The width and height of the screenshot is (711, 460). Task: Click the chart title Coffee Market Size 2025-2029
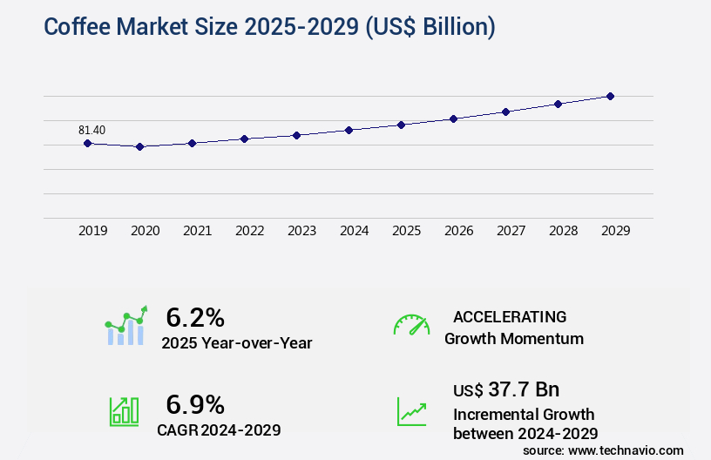click(x=269, y=27)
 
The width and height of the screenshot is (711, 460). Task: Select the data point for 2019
click(x=87, y=143)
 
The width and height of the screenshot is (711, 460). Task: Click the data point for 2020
click(x=139, y=146)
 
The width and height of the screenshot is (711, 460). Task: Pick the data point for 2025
click(x=401, y=125)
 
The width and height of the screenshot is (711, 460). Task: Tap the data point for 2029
click(x=610, y=96)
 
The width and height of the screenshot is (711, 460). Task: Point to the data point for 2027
click(x=505, y=112)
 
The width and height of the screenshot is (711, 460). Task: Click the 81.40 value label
click(x=91, y=131)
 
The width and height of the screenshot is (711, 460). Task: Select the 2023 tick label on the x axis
click(x=301, y=231)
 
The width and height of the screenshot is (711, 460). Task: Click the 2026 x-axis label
click(x=458, y=231)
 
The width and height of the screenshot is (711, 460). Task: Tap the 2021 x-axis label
click(x=197, y=231)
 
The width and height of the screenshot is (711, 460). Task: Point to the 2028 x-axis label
click(x=563, y=231)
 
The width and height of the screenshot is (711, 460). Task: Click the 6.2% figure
click(x=195, y=316)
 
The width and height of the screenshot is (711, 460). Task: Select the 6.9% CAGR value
click(x=195, y=404)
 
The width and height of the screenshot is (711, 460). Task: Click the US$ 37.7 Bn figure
click(x=507, y=389)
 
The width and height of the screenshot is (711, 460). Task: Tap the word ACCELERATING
click(x=510, y=316)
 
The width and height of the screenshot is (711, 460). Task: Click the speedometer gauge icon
click(x=411, y=325)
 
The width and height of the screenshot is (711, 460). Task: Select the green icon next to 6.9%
click(x=124, y=411)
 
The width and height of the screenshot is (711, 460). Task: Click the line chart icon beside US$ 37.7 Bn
click(x=411, y=411)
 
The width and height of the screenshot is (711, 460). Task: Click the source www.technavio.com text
click(x=603, y=450)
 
